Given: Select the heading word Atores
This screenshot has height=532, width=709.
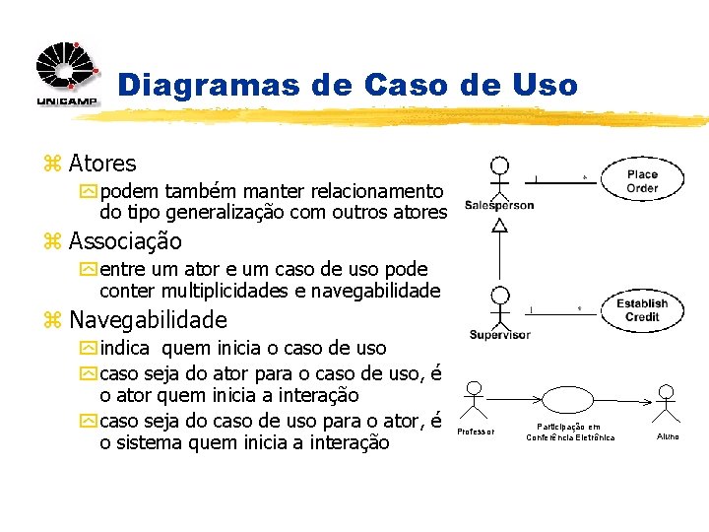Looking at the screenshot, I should (102, 164).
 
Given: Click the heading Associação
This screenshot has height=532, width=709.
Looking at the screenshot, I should (125, 241).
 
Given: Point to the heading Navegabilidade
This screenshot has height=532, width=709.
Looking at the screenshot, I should (148, 320).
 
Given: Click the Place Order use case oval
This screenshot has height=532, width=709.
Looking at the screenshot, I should (642, 180).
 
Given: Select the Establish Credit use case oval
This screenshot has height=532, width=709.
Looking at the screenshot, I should (641, 310).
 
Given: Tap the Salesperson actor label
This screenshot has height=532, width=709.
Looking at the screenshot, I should (499, 206).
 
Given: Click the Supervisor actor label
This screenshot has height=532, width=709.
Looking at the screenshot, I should (499, 335).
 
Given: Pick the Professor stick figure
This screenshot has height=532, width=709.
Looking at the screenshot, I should (476, 400).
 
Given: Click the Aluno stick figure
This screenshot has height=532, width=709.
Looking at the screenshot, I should (667, 400).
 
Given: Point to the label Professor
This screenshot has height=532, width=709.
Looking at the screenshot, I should (477, 432).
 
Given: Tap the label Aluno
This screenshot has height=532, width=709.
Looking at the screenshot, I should (667, 435).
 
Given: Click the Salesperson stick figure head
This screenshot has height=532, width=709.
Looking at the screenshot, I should (500, 165).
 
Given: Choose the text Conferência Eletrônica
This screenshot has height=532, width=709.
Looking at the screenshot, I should (570, 437).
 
